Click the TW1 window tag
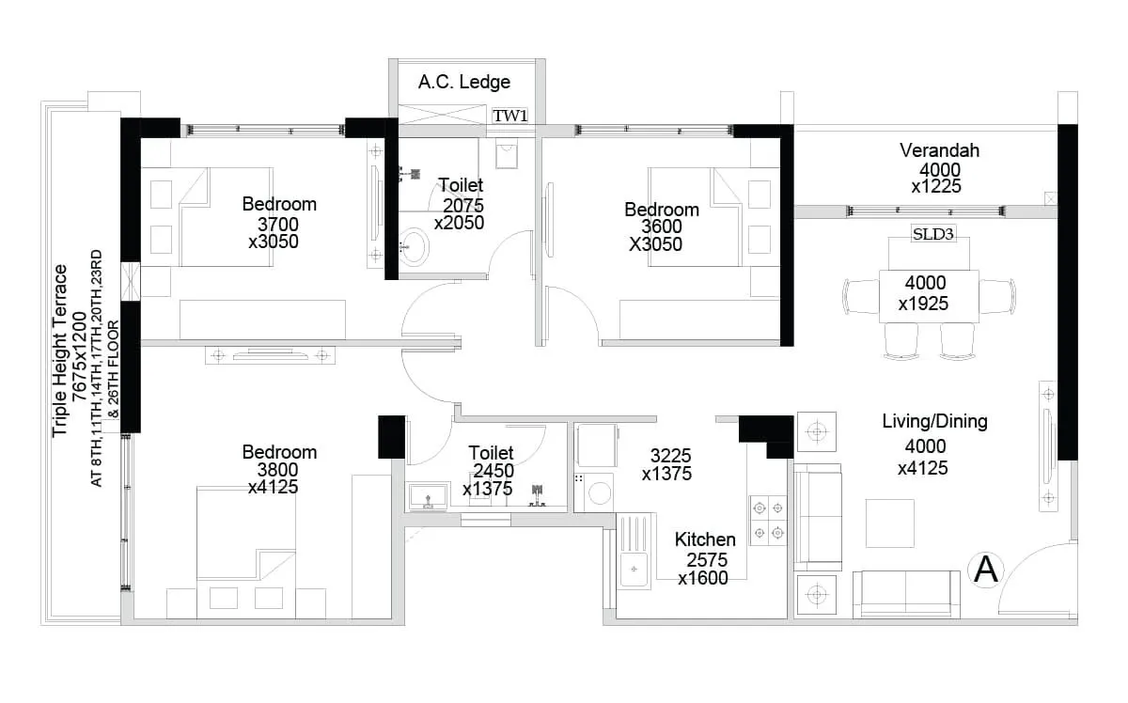510,116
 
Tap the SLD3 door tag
933,234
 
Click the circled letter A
986,570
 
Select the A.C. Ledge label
464,82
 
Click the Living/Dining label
934,421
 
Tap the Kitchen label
705,539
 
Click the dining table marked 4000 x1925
928,295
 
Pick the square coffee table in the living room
889,523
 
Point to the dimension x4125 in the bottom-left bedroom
273,488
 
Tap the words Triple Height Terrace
61,351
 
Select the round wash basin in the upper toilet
414,247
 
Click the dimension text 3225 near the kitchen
671,457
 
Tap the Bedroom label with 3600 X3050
662,210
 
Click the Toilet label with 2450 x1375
491,453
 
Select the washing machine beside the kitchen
593,492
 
